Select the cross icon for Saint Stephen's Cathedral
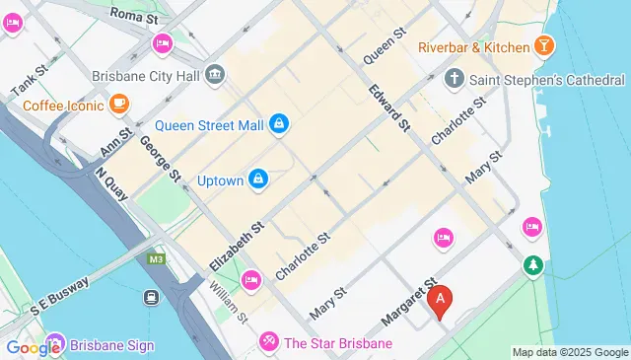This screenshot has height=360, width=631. (454, 77)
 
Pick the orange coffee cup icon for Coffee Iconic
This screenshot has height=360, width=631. (118, 102)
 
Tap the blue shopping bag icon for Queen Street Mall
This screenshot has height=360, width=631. (279, 123)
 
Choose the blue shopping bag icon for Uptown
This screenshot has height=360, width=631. (258, 178)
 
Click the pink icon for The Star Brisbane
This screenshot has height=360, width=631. (267, 342)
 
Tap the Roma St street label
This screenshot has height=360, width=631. (134, 15)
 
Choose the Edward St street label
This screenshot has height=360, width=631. (388, 107)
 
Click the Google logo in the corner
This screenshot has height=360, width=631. (34, 347)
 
